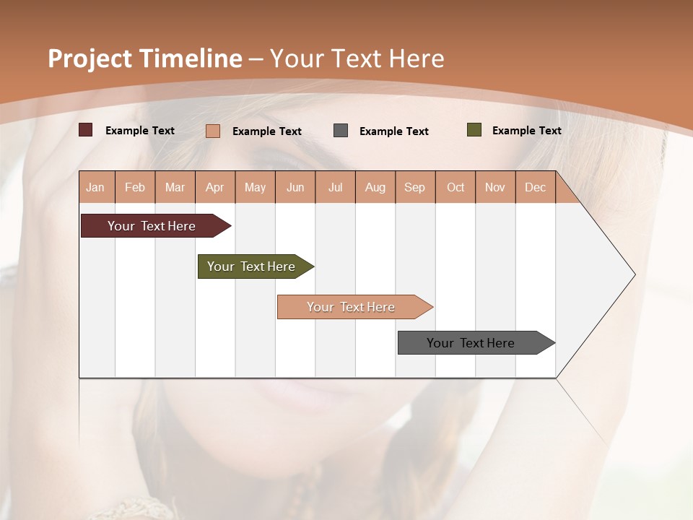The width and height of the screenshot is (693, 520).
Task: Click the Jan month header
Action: tap(95, 187)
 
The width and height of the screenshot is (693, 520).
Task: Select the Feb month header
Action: tap(135, 187)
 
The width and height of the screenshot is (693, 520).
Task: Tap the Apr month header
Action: tap(215, 187)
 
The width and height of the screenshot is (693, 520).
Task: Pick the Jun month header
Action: tap(295, 187)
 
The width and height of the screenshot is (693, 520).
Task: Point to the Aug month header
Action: tap(375, 187)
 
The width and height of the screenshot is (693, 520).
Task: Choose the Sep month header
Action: tap(415, 187)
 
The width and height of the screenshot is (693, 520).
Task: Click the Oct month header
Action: tap(456, 187)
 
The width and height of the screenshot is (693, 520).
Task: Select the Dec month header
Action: tap(536, 187)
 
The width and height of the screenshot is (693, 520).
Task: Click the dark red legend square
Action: tap(86, 130)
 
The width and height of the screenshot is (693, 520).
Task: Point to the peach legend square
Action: tap(213, 131)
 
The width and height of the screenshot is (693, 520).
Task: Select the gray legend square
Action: tap(341, 131)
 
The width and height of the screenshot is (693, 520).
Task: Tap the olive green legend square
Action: tap(474, 130)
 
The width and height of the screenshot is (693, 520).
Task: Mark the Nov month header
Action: tap(495, 187)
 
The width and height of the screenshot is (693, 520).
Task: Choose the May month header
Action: tap(255, 187)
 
